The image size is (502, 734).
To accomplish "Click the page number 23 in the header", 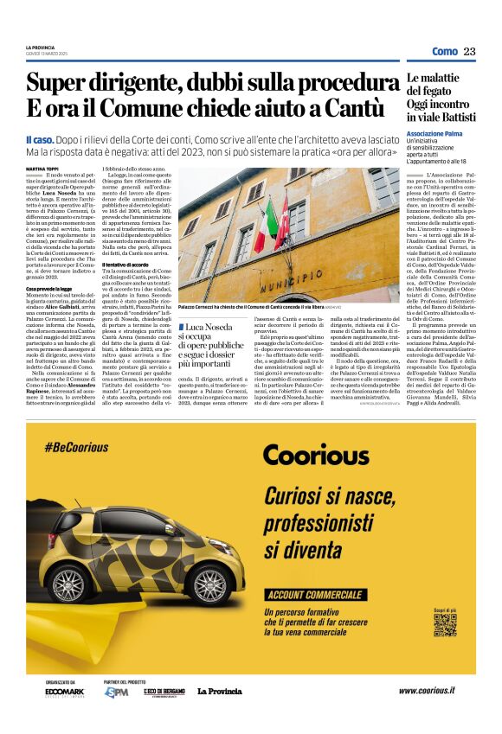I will (x=469, y=51).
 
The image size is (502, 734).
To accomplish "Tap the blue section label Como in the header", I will (x=444, y=51).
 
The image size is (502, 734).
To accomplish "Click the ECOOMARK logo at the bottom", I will (x=65, y=692).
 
